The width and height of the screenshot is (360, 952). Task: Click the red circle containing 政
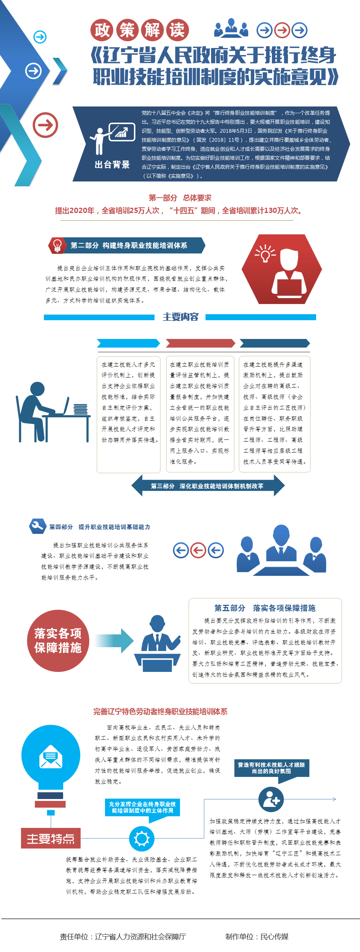coord(102,30)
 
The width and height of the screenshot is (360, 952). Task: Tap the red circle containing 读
coord(177,30)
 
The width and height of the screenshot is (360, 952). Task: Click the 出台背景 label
coord(112,165)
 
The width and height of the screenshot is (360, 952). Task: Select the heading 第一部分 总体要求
coord(180,198)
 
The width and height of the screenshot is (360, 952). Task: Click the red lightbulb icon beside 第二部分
coord(57,246)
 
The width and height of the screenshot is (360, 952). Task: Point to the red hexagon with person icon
coord(282,269)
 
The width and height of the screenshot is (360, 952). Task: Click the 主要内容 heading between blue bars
coord(180,317)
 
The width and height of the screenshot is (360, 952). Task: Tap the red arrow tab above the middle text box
coord(201,343)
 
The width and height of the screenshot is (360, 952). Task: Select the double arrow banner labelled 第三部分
coord(208,486)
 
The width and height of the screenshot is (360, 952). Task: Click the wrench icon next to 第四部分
coord(37,526)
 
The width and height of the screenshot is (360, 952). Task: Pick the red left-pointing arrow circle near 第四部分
coord(198,550)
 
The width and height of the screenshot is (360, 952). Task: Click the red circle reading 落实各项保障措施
coord(58,641)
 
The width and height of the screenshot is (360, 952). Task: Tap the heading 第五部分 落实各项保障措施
coord(265,608)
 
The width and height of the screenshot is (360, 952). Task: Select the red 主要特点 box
coord(51,838)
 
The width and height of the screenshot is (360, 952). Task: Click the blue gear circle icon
coord(142,839)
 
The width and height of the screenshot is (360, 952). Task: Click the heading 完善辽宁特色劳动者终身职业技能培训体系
coord(160,712)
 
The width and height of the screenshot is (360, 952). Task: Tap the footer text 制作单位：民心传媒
coord(257,937)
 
